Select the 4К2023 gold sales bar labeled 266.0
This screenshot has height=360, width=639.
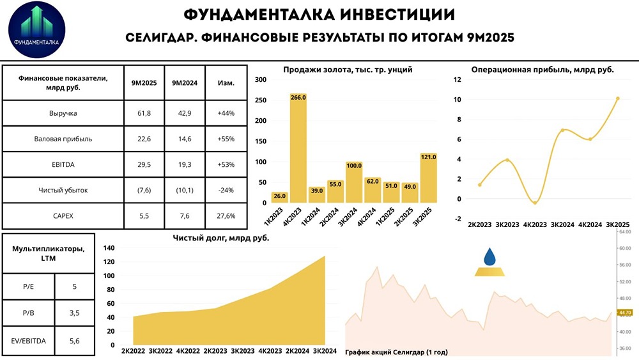pyautogui.click(x=298, y=151)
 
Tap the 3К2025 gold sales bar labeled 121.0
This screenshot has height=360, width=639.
pyautogui.click(x=429, y=178)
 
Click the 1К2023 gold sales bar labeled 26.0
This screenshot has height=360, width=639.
pyautogui.click(x=279, y=197)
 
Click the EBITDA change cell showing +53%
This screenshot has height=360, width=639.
pyautogui.click(x=226, y=164)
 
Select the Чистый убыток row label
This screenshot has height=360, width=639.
pyautogui.click(x=63, y=190)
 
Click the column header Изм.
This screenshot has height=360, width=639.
pyautogui.click(x=226, y=83)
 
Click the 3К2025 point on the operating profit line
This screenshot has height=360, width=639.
pyautogui.click(x=617, y=98)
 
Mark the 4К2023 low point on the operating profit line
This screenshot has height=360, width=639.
pyautogui.click(x=535, y=203)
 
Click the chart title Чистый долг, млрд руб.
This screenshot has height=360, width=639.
pyautogui.click(x=221, y=238)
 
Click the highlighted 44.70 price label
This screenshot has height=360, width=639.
pyautogui.click(x=624, y=312)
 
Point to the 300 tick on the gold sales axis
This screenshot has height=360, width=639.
pyautogui.click(x=259, y=79)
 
